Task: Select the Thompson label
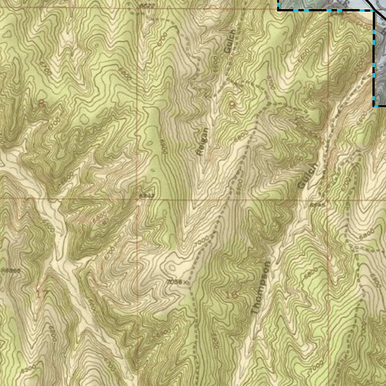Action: click(x=261, y=288)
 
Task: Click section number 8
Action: click(x=41, y=104)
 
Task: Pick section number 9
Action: click(x=231, y=104)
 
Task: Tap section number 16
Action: click(x=233, y=295)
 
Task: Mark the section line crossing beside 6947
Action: click(x=138, y=199)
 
